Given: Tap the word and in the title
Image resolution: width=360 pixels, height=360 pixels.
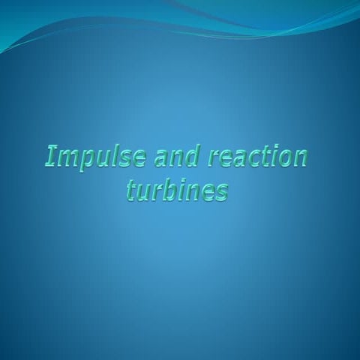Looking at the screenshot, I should coord(177,157).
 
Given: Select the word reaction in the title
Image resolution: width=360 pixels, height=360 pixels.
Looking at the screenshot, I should coord(258,157).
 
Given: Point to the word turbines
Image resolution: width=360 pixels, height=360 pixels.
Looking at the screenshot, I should coord(177,191).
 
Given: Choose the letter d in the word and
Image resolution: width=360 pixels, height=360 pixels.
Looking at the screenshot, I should coord(193,157).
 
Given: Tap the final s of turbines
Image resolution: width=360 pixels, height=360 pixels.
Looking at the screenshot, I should coord(221,193).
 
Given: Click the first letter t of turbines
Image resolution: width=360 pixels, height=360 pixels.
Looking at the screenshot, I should coord(131,190).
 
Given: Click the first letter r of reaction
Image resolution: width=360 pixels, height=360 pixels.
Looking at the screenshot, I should coord(215,159).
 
